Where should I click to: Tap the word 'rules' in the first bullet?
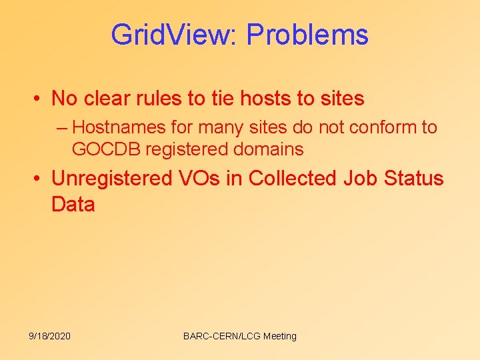pyautogui.click(x=159, y=99)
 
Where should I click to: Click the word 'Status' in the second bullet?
pyautogui.click(x=415, y=179)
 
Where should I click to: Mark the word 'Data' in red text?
pyautogui.click(x=73, y=204)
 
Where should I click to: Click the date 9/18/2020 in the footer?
pyautogui.click(x=50, y=336)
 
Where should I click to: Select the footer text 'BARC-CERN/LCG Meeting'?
pyautogui.click(x=239, y=336)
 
